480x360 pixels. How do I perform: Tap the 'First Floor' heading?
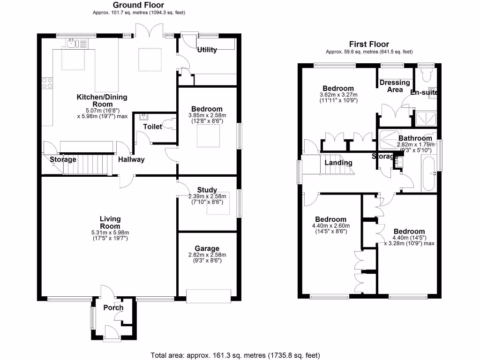click(369, 45)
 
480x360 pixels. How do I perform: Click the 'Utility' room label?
click(207, 50)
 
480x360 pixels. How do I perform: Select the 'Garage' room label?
click(207, 248)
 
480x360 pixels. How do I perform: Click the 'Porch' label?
click(113, 308)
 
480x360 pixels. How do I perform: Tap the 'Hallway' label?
click(131, 159)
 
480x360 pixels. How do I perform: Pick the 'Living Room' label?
click(110, 222)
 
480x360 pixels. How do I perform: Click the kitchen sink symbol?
click(72, 44)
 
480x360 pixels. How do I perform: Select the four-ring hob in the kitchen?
click(47, 83)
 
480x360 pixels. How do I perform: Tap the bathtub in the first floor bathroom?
click(428, 174)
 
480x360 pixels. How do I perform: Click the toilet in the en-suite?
click(427, 74)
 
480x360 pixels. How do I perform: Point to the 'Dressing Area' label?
click(395, 86)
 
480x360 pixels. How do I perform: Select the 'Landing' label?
click(338, 163)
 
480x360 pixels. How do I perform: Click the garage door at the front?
click(208, 295)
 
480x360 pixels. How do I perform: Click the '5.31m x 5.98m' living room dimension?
click(110, 232)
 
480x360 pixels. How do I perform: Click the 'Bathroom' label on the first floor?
click(415, 138)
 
